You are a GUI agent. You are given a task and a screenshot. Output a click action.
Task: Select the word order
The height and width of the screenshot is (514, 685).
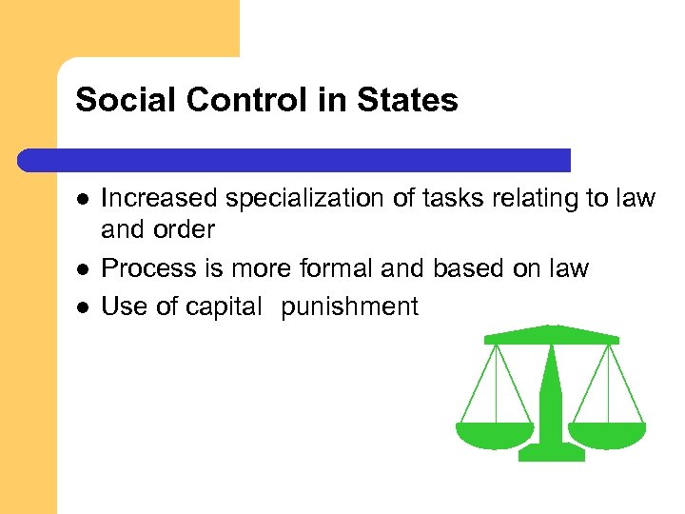(186, 229)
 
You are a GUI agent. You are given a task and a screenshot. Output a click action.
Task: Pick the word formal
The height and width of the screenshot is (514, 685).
(336, 268)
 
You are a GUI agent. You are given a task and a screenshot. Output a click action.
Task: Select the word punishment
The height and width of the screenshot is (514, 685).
(349, 306)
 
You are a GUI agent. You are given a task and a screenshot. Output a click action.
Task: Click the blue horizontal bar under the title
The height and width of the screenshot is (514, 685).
(295, 159)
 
